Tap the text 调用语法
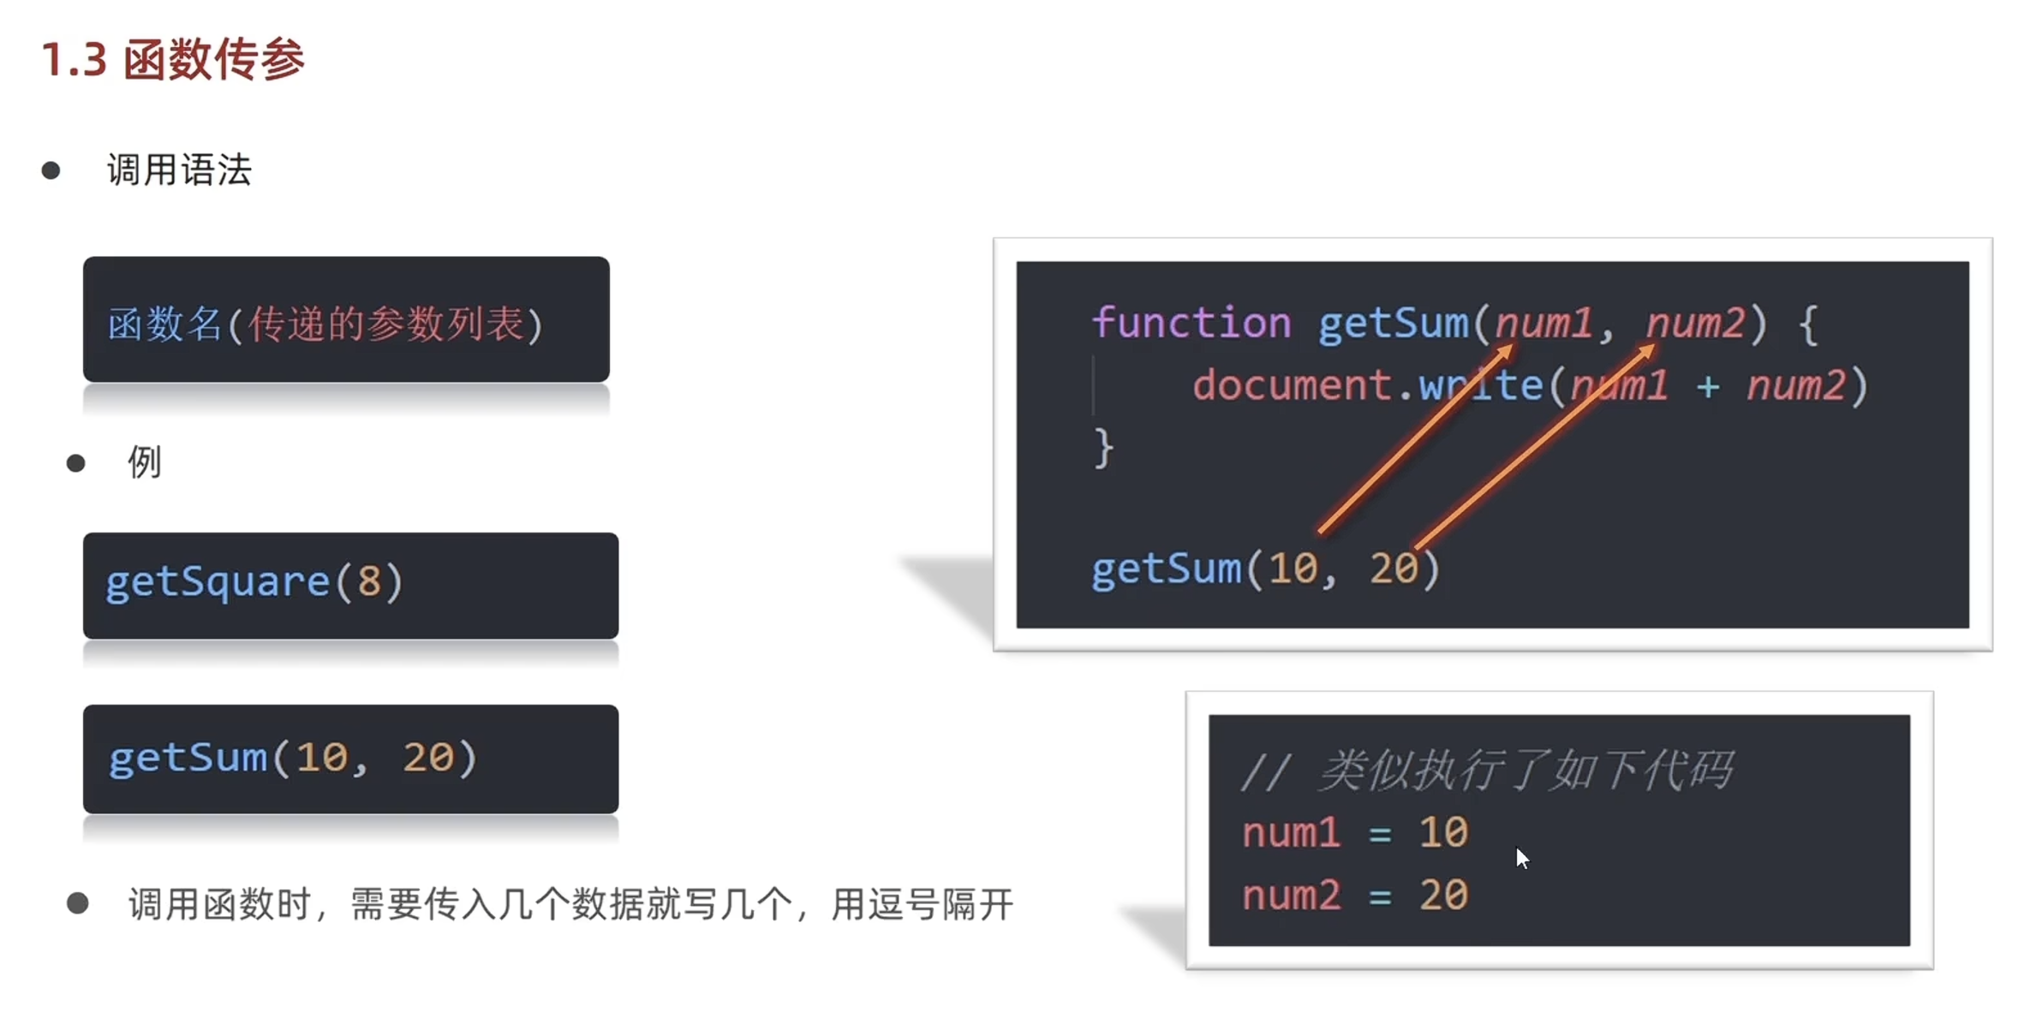point(179,170)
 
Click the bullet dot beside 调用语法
point(51,170)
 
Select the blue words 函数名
point(164,324)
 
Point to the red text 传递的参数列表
point(385,324)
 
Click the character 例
point(144,463)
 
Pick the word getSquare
point(218,583)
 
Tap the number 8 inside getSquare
point(369,582)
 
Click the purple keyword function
point(1191,324)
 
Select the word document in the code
point(1291,385)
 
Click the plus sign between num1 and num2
point(1707,386)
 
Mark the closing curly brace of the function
point(1103,448)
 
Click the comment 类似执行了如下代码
point(1526,770)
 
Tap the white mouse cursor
point(1521,857)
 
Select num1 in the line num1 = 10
point(1291,833)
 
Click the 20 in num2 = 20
point(1444,896)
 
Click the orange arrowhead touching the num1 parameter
point(1506,352)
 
